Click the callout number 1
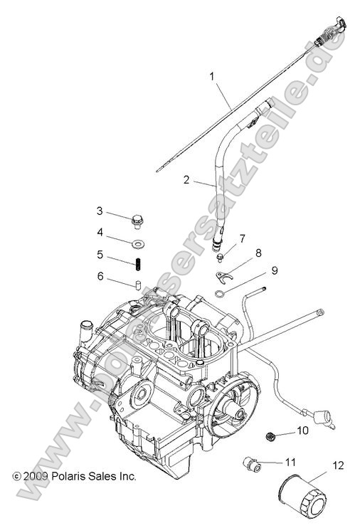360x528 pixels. pyautogui.click(x=211, y=75)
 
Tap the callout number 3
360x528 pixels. pyautogui.click(x=100, y=211)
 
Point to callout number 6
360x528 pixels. pyautogui.click(x=100, y=275)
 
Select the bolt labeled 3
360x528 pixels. pyautogui.click(x=137, y=222)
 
